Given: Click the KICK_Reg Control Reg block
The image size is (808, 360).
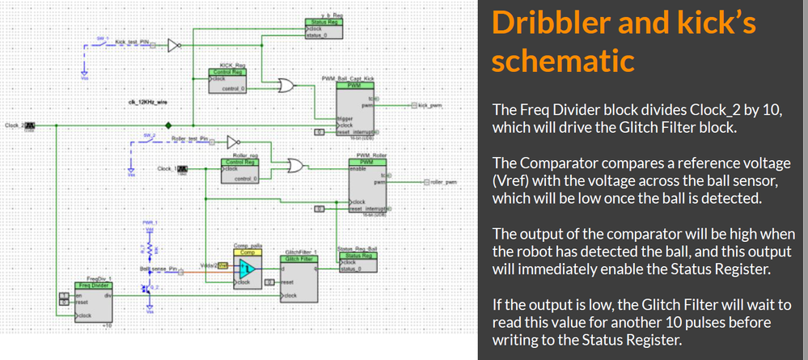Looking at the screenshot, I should [234, 80].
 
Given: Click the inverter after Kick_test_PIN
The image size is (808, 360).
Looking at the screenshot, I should [172, 46].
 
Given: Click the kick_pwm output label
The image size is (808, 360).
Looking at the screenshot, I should [432, 105].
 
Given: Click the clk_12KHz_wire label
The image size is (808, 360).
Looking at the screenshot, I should [147, 103].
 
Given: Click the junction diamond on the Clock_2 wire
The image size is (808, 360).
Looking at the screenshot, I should [168, 125].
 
